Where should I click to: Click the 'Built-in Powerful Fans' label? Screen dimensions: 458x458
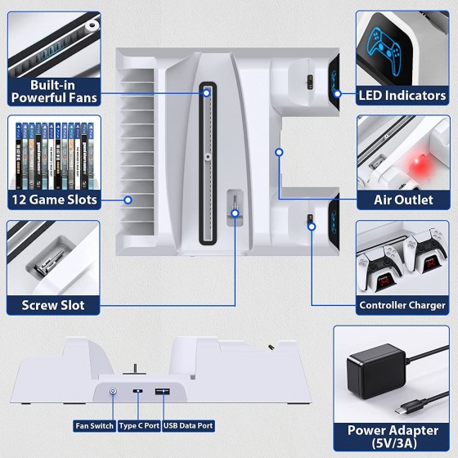(55, 91)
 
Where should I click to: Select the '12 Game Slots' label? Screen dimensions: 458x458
(54, 200)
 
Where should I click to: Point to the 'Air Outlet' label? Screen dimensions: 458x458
(402, 200)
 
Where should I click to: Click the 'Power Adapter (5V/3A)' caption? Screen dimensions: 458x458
(392, 434)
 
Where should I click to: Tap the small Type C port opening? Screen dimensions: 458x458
(138, 393)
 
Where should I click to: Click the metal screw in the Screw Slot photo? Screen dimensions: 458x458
(47, 263)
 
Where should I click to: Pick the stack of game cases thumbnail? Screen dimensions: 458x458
(53, 152)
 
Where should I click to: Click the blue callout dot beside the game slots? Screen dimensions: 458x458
(128, 198)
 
